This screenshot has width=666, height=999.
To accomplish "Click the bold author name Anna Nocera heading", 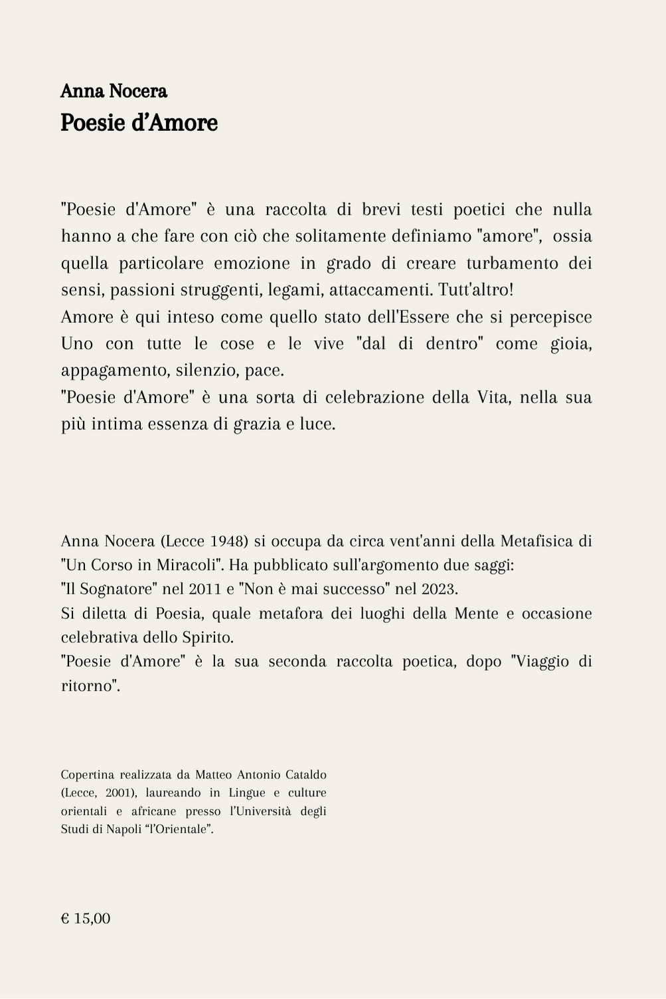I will click(114, 91).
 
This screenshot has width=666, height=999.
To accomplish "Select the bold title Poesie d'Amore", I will click(139, 123).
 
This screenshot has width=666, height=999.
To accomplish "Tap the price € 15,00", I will click(86, 919).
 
